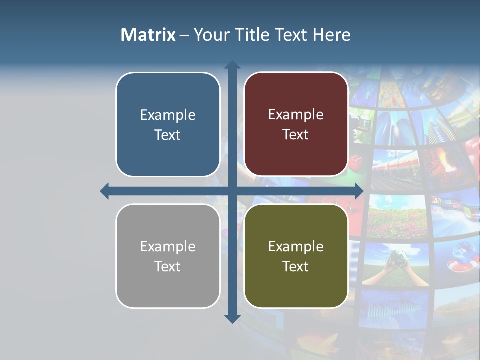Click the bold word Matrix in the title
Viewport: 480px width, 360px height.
click(148, 35)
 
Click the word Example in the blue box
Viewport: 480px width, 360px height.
click(168, 115)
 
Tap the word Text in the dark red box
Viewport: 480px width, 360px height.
click(296, 135)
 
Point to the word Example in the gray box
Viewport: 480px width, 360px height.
click(168, 247)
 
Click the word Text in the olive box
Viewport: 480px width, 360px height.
click(296, 267)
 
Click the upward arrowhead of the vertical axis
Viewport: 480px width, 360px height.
click(232, 65)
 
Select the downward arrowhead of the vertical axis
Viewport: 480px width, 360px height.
click(232, 318)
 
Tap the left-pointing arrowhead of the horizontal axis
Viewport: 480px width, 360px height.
click(105, 191)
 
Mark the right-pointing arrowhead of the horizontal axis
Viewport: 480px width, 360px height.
click(359, 191)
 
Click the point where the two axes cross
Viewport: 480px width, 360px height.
click(232, 191)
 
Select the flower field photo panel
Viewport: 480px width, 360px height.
click(397, 215)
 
